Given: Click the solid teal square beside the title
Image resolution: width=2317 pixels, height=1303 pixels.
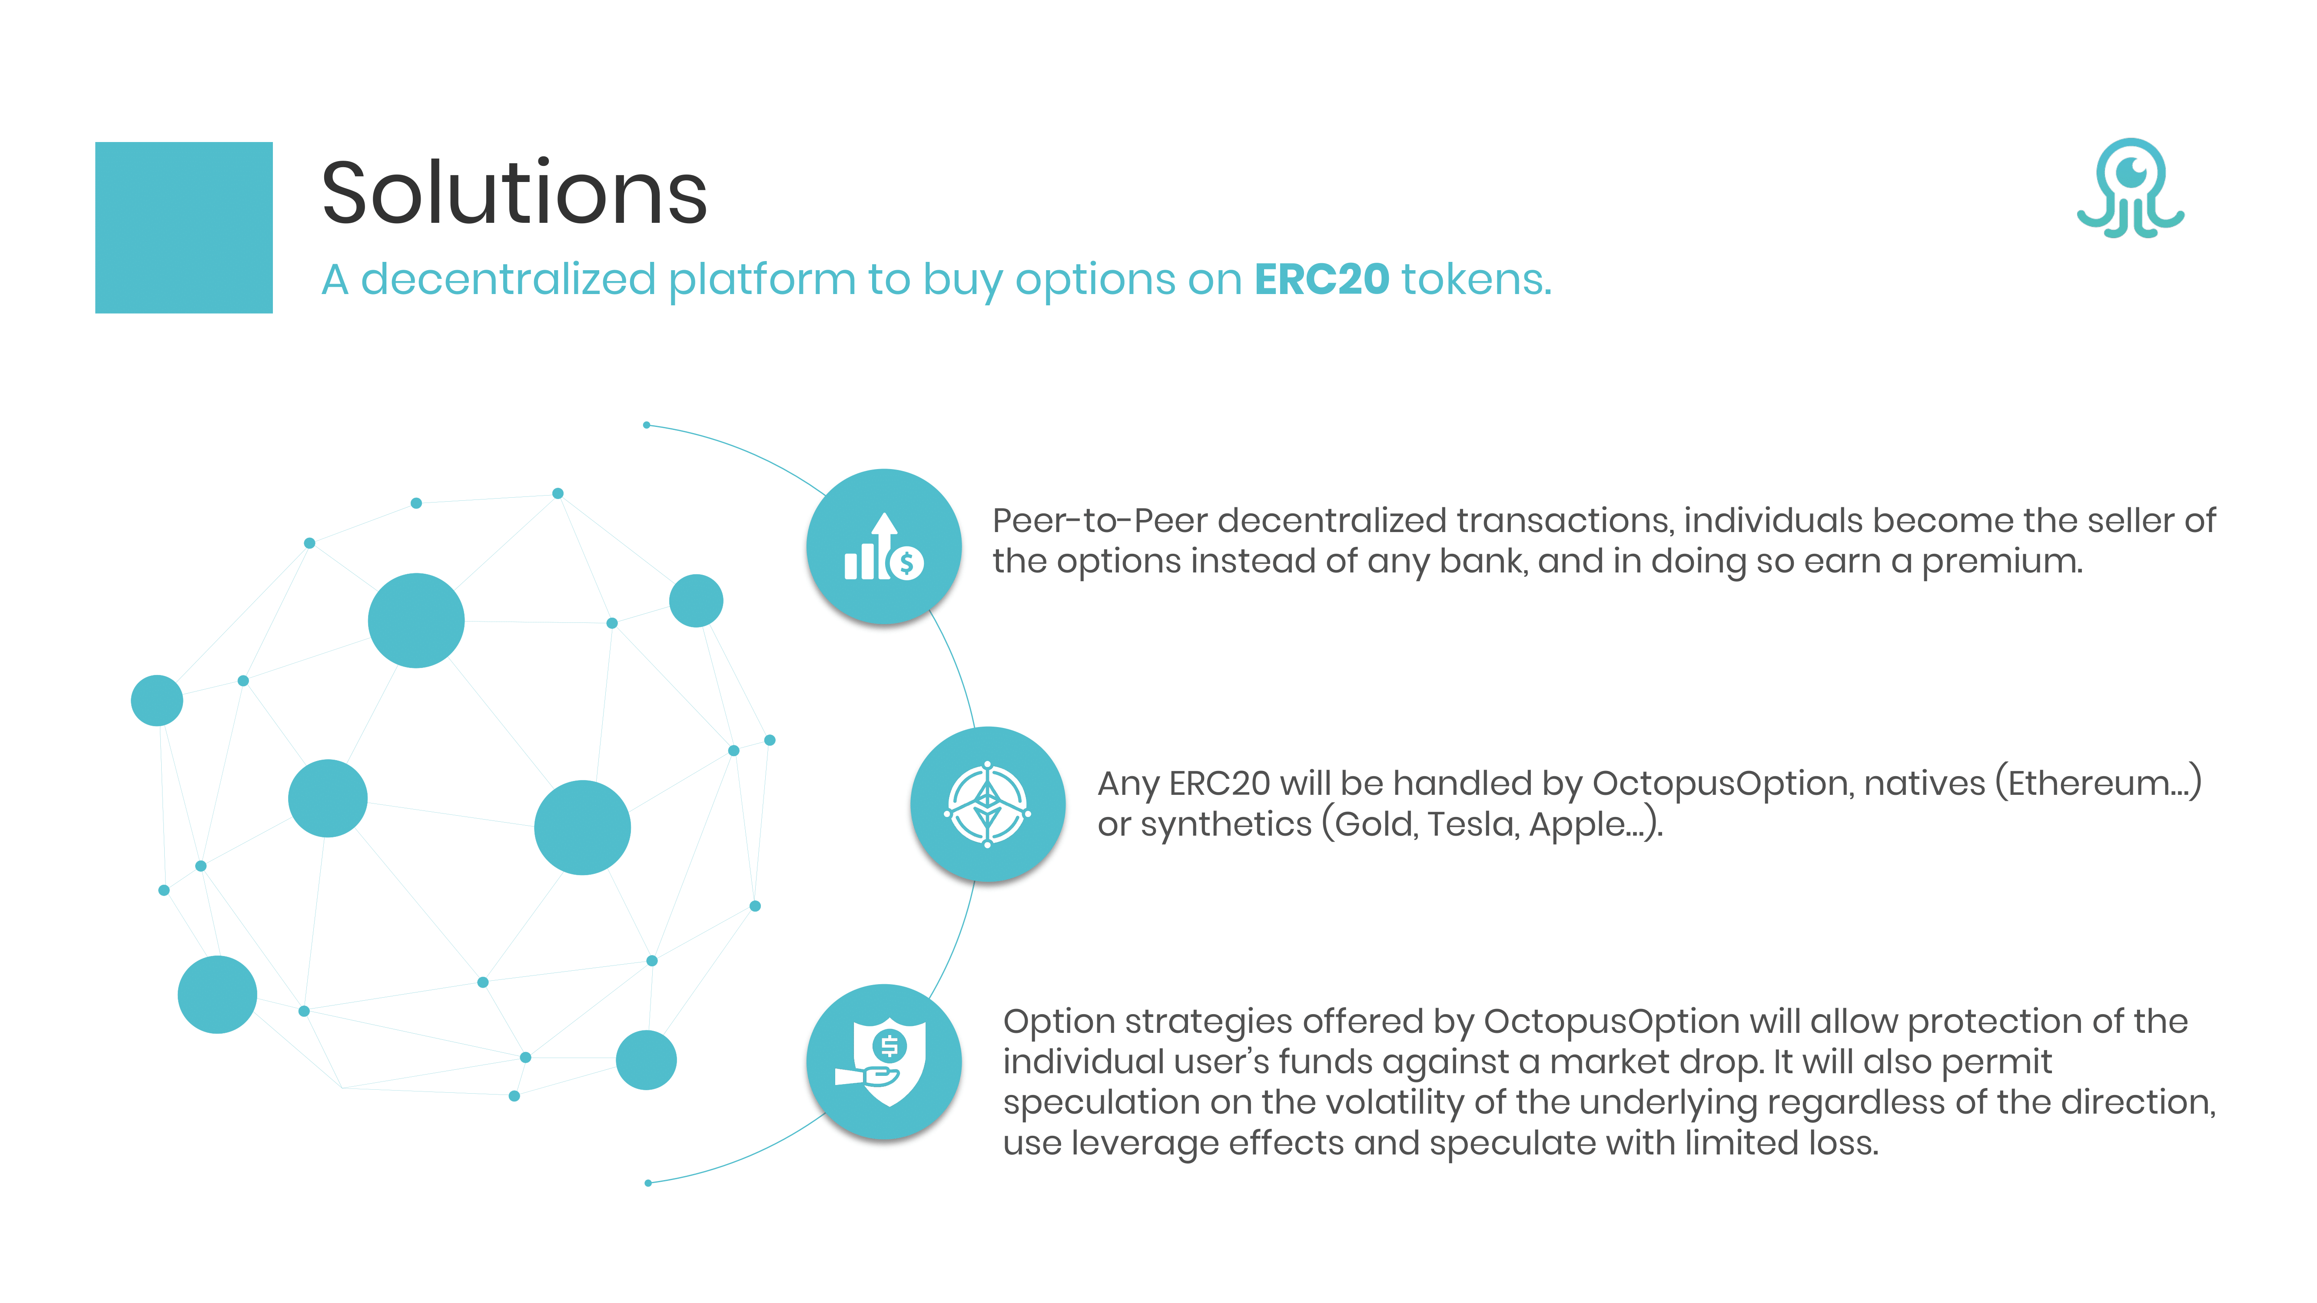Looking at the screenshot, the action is pyautogui.click(x=183, y=228).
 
